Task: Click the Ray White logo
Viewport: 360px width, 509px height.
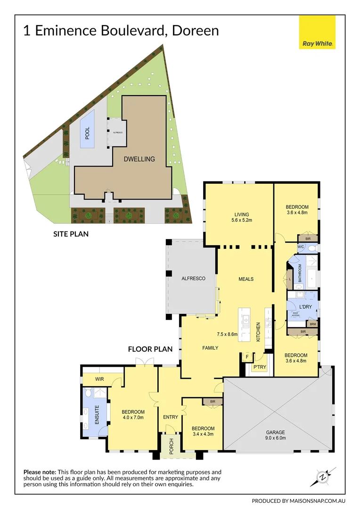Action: [317, 33]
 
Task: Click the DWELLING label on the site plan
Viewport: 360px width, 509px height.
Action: [139, 159]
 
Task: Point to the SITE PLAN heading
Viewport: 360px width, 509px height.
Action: [71, 233]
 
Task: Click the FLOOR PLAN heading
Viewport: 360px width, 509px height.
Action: [150, 349]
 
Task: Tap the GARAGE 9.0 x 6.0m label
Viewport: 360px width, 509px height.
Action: [281, 435]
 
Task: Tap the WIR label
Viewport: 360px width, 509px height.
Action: [99, 379]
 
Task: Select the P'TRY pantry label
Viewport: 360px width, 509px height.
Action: [260, 367]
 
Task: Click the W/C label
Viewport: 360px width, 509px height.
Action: [301, 247]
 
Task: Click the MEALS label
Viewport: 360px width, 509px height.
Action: [245, 279]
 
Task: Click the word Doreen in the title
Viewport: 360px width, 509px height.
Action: [195, 31]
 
